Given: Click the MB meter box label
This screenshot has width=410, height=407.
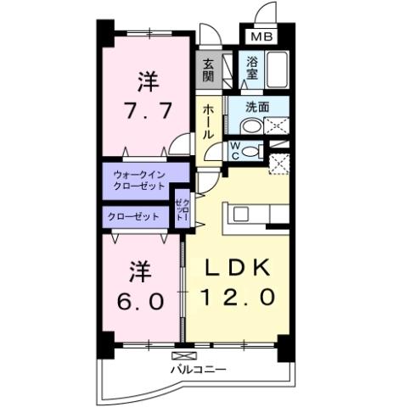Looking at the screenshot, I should coord(260,37).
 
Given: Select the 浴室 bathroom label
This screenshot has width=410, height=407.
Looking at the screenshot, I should coord(252,68).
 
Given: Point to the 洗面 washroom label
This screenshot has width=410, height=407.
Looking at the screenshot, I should coord(258,108).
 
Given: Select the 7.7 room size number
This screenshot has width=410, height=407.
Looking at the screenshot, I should coord(148,111).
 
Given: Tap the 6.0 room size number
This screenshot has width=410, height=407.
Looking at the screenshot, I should coord(139,299).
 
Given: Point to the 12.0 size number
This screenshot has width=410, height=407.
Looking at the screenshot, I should coord(237,298).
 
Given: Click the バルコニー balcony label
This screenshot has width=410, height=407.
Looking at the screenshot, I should coord(197,370).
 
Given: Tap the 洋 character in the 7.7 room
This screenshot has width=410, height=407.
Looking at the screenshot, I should coord(147,82).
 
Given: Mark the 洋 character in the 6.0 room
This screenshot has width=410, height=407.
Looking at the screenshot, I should coord(139,271).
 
